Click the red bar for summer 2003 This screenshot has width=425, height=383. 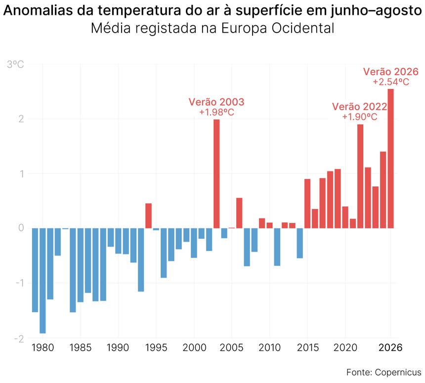pyautogui.click(x=216, y=174)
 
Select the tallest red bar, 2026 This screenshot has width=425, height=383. pyautogui.click(x=390, y=159)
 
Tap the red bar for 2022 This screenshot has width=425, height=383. pyautogui.click(x=360, y=176)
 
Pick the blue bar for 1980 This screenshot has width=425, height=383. pyautogui.click(x=42, y=281)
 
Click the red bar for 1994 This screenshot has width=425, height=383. pyautogui.click(x=149, y=216)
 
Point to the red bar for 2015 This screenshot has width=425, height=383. pyautogui.click(x=307, y=204)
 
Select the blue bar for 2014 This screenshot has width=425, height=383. pyautogui.click(x=300, y=243)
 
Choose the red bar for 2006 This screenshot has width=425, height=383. pyautogui.click(x=239, y=213)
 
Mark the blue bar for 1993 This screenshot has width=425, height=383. pyautogui.click(x=141, y=260)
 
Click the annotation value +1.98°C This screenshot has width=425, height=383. pyautogui.click(x=216, y=112)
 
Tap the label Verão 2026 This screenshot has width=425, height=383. pyautogui.click(x=391, y=72)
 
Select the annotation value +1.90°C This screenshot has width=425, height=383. pyautogui.click(x=360, y=117)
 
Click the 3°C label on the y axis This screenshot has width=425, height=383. pyautogui.click(x=15, y=65)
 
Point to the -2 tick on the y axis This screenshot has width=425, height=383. pyautogui.click(x=19, y=339)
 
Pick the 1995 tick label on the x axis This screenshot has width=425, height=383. pyautogui.click(x=156, y=347)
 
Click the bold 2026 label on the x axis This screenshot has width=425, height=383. pyautogui.click(x=390, y=347)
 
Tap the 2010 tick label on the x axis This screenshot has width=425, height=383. pyautogui.click(x=270, y=347)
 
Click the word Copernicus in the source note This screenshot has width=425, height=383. pyautogui.click(x=398, y=372)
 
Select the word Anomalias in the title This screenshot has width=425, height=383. pyautogui.click(x=38, y=10)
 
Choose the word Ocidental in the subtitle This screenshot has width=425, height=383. pyautogui.click(x=303, y=28)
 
